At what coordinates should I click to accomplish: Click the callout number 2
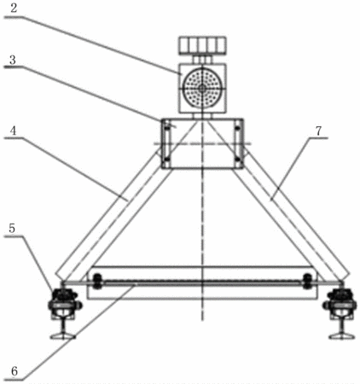click(x=14, y=8)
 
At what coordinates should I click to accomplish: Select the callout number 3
click(x=13, y=60)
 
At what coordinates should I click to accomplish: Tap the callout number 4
click(x=13, y=131)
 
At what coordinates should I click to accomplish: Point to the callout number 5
click(x=12, y=228)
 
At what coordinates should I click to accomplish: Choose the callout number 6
click(x=15, y=371)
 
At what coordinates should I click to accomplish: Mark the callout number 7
click(x=318, y=131)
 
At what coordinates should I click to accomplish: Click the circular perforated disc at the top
click(x=202, y=88)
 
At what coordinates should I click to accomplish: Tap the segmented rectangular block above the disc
click(x=202, y=45)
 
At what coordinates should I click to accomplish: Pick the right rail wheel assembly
click(x=340, y=303)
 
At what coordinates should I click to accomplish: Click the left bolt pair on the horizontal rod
click(x=97, y=282)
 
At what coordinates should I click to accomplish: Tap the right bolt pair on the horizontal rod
click(x=307, y=282)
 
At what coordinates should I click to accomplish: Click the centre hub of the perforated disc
click(x=202, y=88)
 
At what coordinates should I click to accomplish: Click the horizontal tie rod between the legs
click(x=202, y=282)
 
